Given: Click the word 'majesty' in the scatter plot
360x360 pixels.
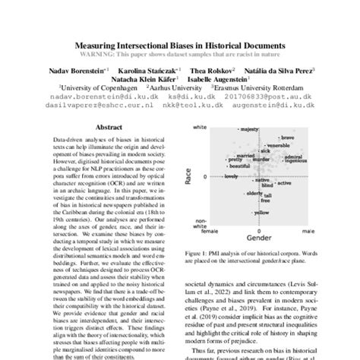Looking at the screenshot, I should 251,131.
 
